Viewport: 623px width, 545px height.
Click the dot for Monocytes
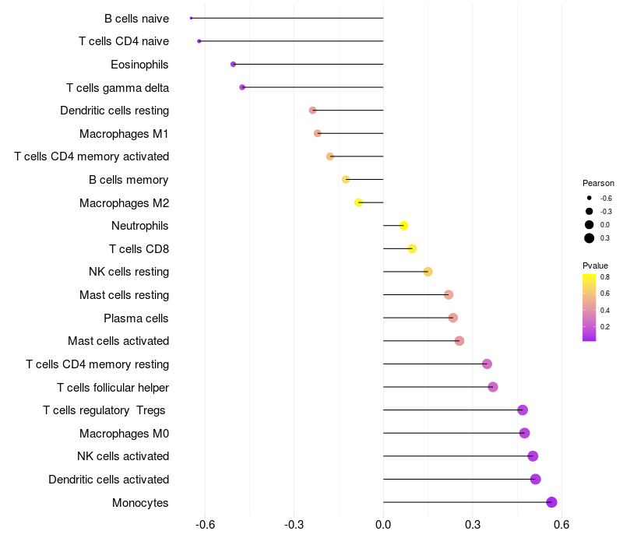point(551,502)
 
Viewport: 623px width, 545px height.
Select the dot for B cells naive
point(191,18)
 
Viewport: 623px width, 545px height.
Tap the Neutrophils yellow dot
point(403,226)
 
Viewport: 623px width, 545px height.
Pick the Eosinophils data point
point(233,64)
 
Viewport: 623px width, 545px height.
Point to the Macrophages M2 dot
point(358,202)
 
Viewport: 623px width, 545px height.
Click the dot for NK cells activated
point(533,456)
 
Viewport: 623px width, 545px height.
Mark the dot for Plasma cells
point(452,318)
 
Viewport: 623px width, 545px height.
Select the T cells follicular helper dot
point(492,387)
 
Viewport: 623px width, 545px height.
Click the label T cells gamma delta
point(118,87)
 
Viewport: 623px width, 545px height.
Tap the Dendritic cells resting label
point(114,111)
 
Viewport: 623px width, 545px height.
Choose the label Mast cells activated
point(118,341)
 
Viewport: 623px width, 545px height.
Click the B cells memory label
point(128,180)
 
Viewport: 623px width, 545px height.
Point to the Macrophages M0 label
point(124,433)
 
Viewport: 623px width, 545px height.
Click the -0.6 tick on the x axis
point(205,525)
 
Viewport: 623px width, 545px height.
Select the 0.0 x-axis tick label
point(383,525)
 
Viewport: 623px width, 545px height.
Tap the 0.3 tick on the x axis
point(472,525)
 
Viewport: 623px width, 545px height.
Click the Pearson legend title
point(598,183)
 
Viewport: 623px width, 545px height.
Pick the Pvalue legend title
point(596,265)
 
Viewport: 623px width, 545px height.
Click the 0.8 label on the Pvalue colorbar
point(604,276)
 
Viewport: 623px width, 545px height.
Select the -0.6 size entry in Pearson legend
point(605,199)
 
